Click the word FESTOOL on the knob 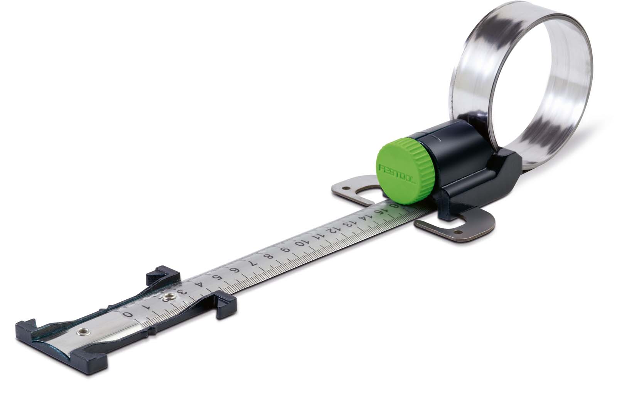tap(390, 169)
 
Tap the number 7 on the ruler tap(251, 265)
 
